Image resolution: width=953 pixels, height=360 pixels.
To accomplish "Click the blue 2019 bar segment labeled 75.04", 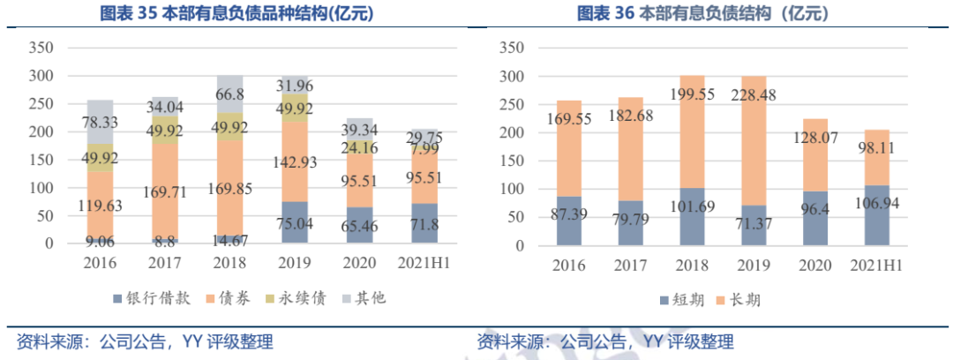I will [x=296, y=222].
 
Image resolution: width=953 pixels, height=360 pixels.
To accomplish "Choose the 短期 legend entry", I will [x=680, y=300].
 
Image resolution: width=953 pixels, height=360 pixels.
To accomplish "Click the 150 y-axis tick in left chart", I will [x=41, y=132].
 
